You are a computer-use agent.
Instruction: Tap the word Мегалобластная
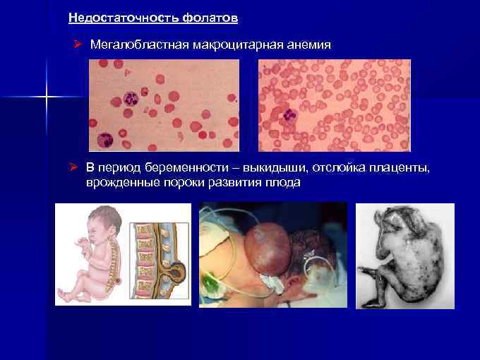pos(133,45)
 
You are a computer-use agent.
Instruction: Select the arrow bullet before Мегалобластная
pos(78,45)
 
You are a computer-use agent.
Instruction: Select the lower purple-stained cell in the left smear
pos(107,138)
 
